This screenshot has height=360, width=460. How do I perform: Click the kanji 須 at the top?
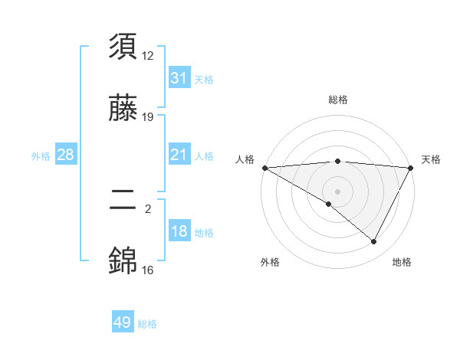123,47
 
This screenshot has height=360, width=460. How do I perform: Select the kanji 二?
123,201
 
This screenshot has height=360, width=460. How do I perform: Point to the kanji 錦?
123,261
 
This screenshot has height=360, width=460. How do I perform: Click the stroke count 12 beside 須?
148,55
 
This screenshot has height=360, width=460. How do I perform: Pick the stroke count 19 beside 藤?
148,117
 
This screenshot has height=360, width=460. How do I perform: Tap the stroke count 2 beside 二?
148,208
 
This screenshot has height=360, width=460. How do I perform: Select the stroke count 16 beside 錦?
148,270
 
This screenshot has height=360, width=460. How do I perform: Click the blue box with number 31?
179,78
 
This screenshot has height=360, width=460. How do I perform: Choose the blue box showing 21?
179,155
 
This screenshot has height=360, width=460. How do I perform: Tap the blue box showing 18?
179,231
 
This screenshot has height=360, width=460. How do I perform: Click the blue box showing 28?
65,155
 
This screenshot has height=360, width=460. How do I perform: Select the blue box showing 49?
123,322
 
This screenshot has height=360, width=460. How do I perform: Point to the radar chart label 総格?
338,100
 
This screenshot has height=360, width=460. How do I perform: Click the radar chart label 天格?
431,159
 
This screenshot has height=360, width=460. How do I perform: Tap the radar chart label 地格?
402,262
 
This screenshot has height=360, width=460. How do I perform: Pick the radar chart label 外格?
270,262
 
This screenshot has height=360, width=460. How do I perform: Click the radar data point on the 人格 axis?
264,167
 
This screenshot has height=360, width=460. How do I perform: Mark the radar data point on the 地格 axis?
374,241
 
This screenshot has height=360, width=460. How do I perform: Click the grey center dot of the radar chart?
338,191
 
